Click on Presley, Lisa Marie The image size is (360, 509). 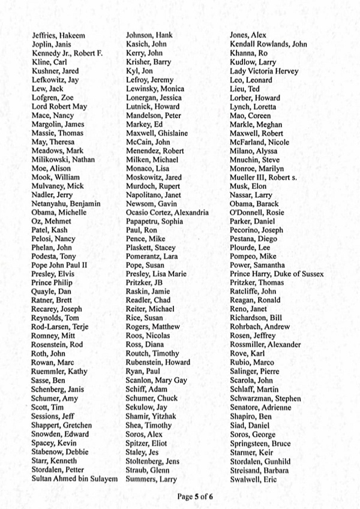[x=156, y=274]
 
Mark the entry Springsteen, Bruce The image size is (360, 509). [x=260, y=443]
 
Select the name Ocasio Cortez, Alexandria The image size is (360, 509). [x=167, y=213]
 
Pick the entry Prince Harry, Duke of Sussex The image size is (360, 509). [x=277, y=274]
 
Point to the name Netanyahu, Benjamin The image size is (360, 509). [x=66, y=204]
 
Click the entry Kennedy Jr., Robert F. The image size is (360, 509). [x=67, y=53]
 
